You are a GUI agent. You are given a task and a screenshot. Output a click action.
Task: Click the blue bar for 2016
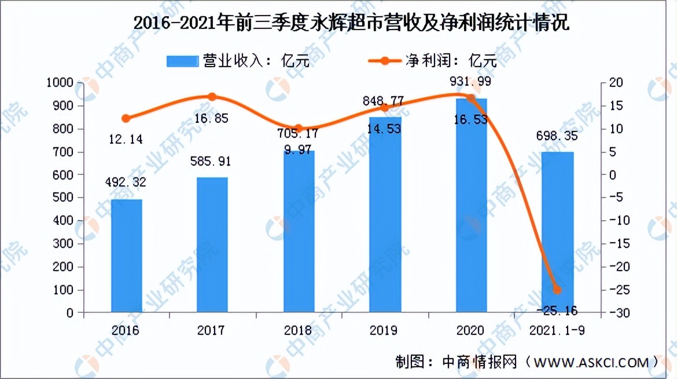click(x=126, y=256)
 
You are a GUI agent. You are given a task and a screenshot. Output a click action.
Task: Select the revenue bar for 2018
click(x=299, y=232)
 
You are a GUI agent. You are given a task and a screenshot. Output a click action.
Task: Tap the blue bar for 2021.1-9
click(x=557, y=232)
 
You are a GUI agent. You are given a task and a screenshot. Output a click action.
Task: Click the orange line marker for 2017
click(x=212, y=97)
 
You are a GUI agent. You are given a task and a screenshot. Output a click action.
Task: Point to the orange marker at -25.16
click(x=557, y=290)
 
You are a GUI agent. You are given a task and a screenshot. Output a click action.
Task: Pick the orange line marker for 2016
click(x=126, y=118)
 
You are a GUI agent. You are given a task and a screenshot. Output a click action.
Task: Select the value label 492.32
click(x=126, y=183)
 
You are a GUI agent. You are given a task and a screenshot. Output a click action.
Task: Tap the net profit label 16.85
click(x=212, y=119)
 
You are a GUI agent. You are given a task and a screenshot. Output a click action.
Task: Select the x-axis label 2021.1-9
click(x=557, y=330)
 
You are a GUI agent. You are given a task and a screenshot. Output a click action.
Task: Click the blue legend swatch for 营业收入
click(x=182, y=61)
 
